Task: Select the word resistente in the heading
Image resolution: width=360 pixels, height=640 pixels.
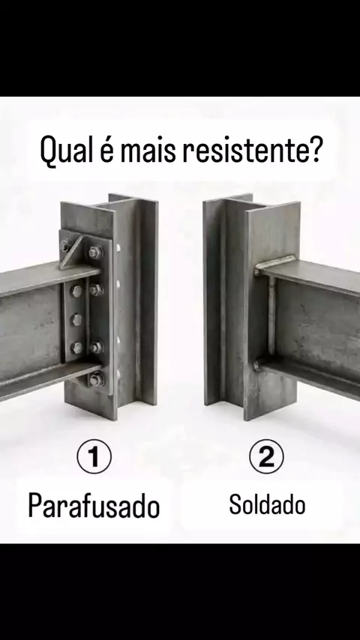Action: point(243,149)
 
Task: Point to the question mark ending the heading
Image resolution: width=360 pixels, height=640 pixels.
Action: point(313,148)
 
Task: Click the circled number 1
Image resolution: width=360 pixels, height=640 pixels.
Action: point(94,456)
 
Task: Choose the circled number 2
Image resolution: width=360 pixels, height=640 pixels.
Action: point(266,456)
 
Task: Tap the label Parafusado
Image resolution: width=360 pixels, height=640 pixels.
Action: point(94,505)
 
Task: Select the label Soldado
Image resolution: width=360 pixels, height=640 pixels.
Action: point(267,504)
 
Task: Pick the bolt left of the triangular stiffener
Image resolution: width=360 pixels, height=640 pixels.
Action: point(65,245)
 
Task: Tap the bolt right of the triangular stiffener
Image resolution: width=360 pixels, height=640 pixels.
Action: point(95,252)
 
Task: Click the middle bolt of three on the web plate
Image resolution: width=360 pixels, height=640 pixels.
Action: point(76,319)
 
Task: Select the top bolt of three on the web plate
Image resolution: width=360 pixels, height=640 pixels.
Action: point(76,291)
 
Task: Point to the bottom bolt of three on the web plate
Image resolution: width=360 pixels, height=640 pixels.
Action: point(76,347)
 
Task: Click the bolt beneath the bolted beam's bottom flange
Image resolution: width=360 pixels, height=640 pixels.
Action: point(96,380)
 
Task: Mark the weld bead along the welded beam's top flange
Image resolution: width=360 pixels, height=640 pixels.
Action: point(274,262)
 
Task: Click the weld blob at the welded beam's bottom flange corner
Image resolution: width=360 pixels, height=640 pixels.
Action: point(257,366)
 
